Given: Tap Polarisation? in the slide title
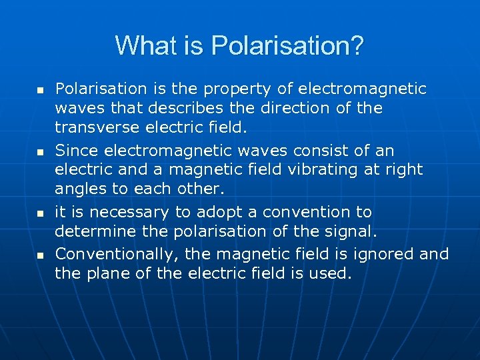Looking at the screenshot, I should (x=287, y=45).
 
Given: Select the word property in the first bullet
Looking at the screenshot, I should (x=229, y=89).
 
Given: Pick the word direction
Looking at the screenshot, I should (x=299, y=107).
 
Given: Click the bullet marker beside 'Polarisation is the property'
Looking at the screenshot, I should (x=39, y=89).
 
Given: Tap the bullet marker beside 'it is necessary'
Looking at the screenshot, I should (x=39, y=213).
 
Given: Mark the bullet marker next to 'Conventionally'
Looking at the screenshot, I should (x=39, y=254).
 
